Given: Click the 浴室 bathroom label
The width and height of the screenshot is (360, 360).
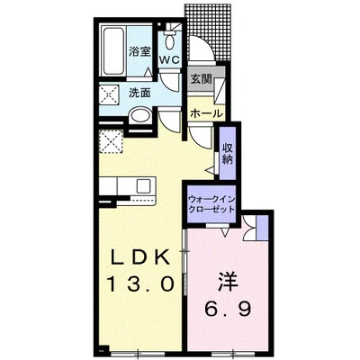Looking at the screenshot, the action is tap(139, 52).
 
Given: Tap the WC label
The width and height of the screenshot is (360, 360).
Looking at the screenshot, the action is tap(169, 59).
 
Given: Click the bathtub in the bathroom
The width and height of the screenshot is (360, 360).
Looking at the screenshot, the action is tap(113, 51).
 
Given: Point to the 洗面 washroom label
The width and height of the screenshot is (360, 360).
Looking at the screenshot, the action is tap(139, 93).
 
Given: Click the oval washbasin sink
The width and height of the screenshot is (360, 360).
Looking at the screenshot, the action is tap(139, 116).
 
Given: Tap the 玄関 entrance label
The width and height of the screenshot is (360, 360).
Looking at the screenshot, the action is tap(201, 79).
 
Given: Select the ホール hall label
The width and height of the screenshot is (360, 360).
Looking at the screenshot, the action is tap(206, 113).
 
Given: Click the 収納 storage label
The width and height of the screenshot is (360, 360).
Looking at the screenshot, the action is tap(228, 153).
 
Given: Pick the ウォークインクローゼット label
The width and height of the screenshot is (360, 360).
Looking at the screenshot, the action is tap(211, 204).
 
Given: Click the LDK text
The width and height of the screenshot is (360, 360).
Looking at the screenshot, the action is tap(139, 257).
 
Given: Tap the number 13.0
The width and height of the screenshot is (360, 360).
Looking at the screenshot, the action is tap(140, 283).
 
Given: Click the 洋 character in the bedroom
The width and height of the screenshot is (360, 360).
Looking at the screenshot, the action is tap(228, 281).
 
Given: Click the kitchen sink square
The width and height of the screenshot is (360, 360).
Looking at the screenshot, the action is tap(142, 186).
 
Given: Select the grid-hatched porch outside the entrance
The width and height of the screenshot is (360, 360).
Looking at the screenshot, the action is tap(209, 32).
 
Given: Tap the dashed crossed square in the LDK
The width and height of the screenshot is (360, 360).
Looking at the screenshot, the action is tap(111, 141).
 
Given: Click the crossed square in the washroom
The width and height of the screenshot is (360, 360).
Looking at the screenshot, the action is tap(109, 94).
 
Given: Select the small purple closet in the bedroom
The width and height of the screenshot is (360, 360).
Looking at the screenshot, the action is tap(263, 228).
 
